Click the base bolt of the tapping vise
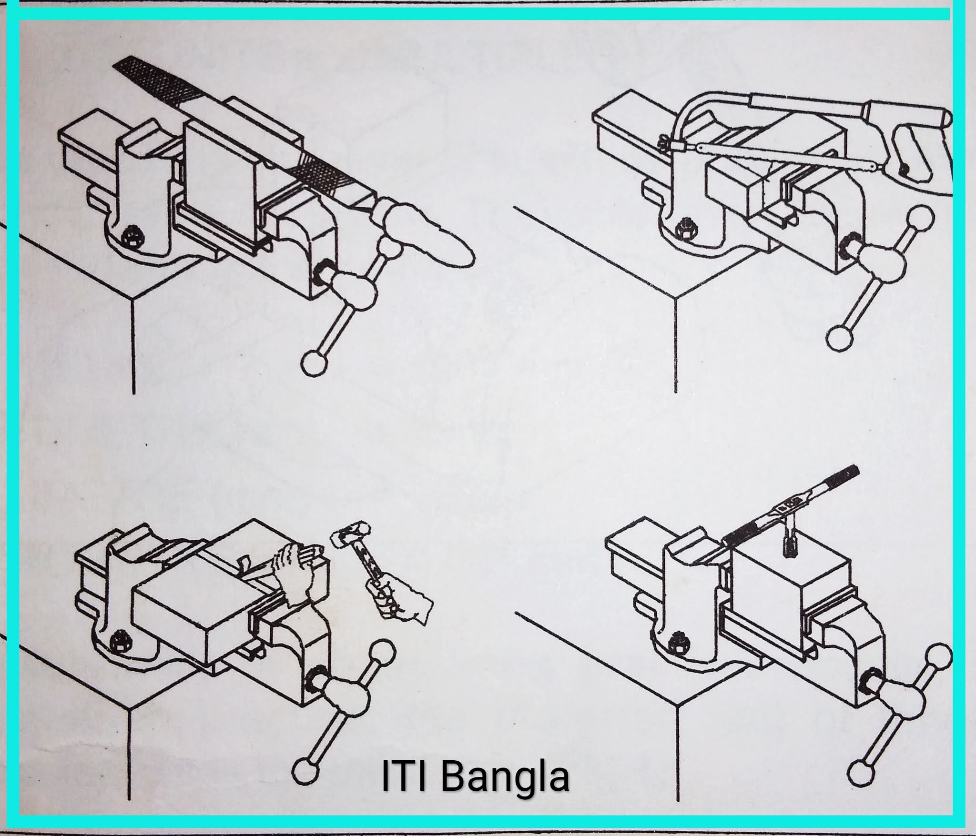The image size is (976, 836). [x=676, y=646]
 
